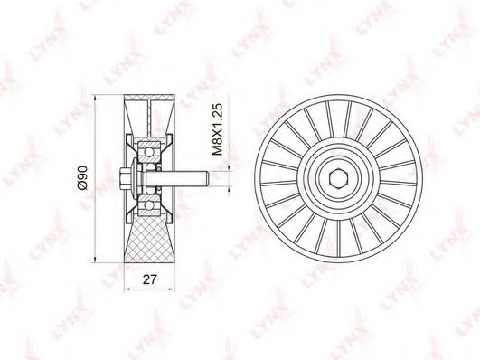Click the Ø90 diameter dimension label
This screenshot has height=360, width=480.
click(83, 177)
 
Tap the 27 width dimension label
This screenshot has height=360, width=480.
click(150, 279)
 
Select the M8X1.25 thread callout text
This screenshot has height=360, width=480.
click(218, 129)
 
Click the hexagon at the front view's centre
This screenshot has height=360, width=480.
click(338, 178)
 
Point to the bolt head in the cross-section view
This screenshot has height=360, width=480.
click(126, 178)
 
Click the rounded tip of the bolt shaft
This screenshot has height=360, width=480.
click(207, 178)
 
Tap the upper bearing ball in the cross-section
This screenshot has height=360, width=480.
click(149, 152)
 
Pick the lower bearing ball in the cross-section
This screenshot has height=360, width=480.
click(149, 205)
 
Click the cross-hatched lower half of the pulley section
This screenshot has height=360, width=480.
click(149, 239)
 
